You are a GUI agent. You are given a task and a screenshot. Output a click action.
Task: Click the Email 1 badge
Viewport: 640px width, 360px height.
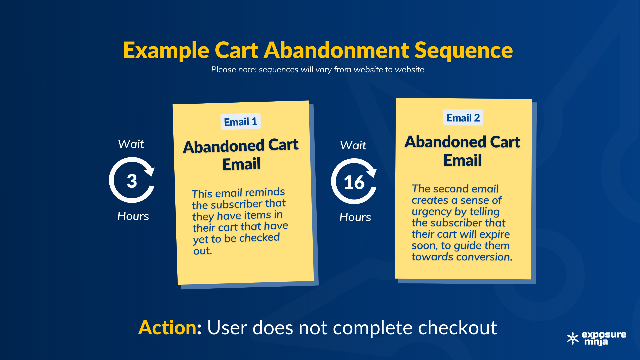(240, 122)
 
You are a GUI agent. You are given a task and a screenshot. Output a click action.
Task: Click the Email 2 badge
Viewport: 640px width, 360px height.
(463, 118)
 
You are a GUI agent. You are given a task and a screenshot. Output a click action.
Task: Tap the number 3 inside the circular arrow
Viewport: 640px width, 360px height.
(132, 181)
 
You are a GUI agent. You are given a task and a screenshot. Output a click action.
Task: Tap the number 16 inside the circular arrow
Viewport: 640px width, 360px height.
(354, 183)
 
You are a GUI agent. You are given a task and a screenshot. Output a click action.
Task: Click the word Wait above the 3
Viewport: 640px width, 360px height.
(131, 144)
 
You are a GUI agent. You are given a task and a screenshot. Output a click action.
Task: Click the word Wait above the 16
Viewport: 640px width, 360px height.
(353, 145)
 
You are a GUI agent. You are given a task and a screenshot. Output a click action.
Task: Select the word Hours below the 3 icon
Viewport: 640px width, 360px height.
(133, 216)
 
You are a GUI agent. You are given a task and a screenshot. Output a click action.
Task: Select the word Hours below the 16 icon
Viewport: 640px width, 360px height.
(355, 217)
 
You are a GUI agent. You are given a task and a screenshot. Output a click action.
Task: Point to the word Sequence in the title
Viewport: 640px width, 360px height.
(463, 51)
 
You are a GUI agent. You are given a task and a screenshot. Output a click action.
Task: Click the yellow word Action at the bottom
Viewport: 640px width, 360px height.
(168, 327)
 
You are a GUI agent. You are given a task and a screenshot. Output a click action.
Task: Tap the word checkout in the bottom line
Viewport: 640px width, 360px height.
(457, 327)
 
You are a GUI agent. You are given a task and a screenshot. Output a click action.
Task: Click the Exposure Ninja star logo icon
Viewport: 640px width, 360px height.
(573, 338)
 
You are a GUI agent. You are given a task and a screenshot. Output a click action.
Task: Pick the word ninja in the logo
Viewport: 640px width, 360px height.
(596, 342)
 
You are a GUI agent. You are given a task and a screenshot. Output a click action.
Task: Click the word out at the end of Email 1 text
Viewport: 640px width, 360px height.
(202, 251)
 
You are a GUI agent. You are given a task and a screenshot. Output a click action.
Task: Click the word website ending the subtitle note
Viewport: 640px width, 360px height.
(409, 70)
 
